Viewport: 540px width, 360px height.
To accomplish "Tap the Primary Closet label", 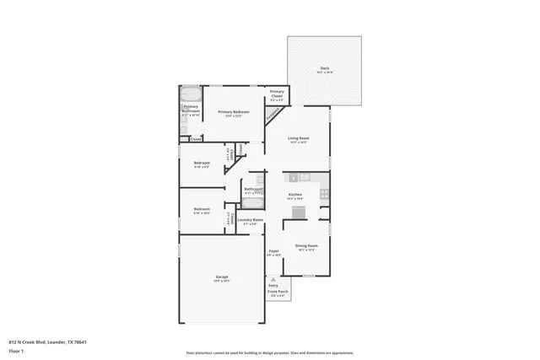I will pyautogui.click(x=277, y=95).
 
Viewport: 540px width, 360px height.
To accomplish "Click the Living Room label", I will pyautogui.click(x=298, y=139).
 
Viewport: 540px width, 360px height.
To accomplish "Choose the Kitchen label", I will pyautogui.click(x=295, y=195).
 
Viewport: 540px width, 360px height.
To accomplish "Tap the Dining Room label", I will pyautogui.click(x=305, y=246).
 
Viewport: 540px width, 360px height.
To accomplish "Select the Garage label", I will pyautogui.click(x=222, y=278).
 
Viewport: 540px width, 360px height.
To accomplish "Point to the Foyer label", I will pyautogui.click(x=274, y=251).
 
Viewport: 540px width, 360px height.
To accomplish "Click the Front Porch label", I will pyautogui.click(x=278, y=293).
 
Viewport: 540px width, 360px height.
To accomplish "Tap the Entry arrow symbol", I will pyautogui.click(x=273, y=279).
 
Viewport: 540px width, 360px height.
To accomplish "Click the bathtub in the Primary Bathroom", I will pyautogui.click(x=192, y=94).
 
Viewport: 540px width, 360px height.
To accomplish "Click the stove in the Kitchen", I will pyautogui.click(x=324, y=194).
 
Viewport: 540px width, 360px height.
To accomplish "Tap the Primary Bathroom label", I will pyautogui.click(x=191, y=109).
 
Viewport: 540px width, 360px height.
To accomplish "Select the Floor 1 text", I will pyautogui.click(x=16, y=350).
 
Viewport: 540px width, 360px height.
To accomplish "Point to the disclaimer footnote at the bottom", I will pyautogui.click(x=269, y=352).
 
